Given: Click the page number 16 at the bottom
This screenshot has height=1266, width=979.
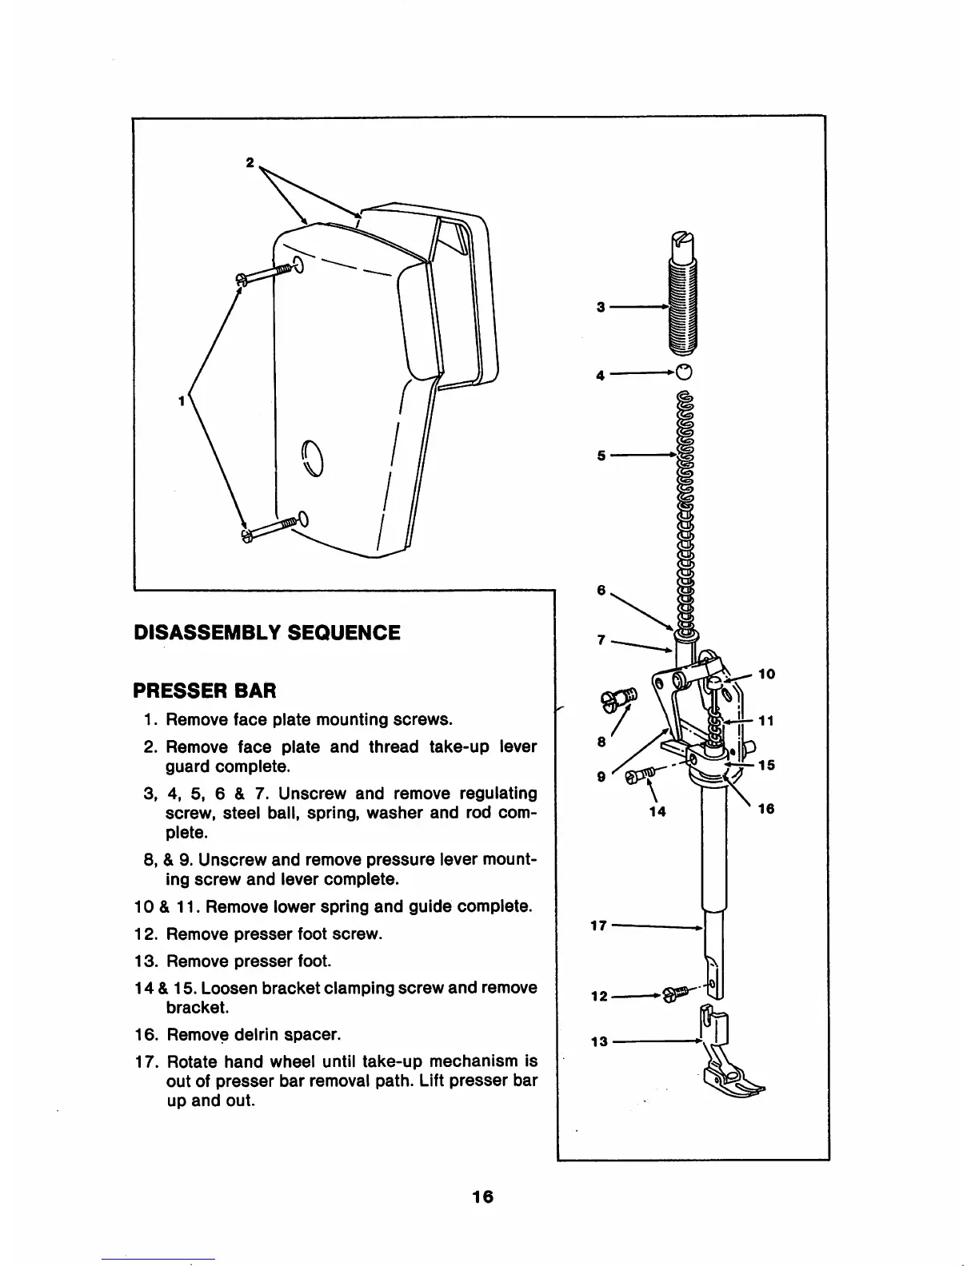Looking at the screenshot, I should pyautogui.click(x=482, y=1196).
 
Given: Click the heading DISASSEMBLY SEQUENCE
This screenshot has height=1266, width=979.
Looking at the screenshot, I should pyautogui.click(x=266, y=633).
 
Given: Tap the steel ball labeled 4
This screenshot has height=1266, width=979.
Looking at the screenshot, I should pyautogui.click(x=683, y=372).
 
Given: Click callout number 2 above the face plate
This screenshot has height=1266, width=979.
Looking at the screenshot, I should pyautogui.click(x=250, y=162).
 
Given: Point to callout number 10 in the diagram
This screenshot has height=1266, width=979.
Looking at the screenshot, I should pyautogui.click(x=766, y=674).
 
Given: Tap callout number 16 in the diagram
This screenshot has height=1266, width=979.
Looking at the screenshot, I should pyautogui.click(x=766, y=809).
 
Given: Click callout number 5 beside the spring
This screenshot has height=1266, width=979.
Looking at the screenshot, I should pyautogui.click(x=601, y=456).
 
